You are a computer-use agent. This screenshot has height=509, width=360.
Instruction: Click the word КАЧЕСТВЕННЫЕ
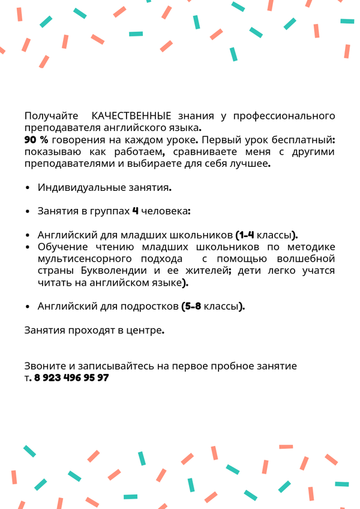pos(132,115)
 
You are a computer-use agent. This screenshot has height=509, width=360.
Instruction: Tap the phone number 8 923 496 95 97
pos(71,378)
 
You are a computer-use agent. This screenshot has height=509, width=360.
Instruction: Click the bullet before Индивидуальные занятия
pos(28,188)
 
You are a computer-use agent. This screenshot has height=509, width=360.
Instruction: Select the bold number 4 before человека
pos(135,211)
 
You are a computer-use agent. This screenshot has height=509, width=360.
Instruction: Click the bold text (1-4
pos(247,235)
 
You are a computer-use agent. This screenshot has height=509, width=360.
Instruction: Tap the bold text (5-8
pos(191,306)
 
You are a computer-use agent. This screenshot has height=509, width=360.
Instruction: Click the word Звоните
pos(43,366)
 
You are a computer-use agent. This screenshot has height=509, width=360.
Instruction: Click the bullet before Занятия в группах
pos(28,212)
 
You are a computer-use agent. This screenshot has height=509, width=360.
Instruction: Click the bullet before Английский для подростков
pos(28,307)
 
